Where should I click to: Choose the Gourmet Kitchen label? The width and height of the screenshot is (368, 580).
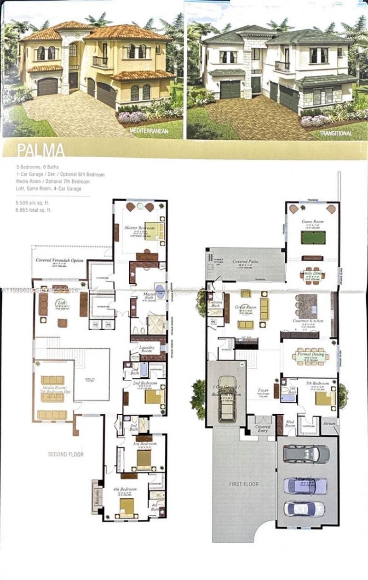click(308, 320)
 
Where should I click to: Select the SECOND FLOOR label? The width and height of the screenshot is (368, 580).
click(67, 454)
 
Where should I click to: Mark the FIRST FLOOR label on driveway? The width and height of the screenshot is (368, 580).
click(244, 484)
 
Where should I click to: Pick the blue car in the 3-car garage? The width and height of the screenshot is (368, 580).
click(305, 485)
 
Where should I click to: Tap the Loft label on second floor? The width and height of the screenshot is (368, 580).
click(60, 303)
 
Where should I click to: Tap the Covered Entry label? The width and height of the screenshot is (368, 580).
click(263, 429)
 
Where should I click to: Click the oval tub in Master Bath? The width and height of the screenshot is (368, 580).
click(160, 292)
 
